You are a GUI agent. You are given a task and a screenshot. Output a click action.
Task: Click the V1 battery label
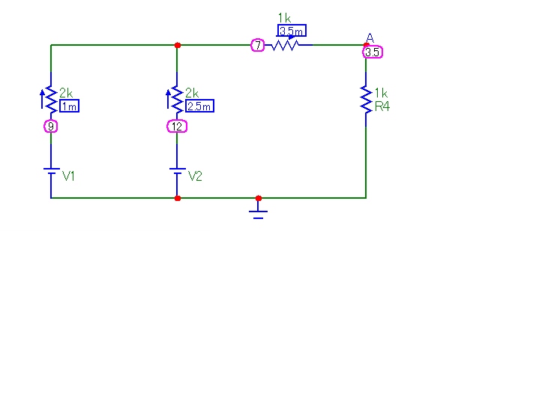(69, 176)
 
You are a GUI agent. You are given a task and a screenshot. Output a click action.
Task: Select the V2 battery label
(195, 176)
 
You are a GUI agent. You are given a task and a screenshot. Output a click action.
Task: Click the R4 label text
(382, 107)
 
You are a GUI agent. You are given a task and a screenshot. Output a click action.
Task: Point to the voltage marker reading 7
(257, 46)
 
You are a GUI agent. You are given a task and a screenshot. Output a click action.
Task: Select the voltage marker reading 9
(51, 127)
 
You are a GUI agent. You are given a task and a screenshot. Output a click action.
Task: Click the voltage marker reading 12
(177, 127)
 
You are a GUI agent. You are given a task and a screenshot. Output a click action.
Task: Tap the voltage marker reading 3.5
(373, 52)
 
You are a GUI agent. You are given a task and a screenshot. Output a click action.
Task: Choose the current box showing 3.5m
(292, 31)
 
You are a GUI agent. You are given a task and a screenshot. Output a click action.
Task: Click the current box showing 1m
(69, 106)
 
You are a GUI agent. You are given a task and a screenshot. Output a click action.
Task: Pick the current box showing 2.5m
(199, 106)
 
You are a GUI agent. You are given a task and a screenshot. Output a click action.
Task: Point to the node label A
(370, 37)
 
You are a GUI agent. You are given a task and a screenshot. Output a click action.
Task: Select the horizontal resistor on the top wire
(286, 46)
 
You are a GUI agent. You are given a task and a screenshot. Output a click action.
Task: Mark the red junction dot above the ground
(259, 198)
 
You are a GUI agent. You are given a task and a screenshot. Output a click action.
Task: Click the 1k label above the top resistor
(284, 17)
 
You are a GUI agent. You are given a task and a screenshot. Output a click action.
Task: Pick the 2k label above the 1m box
(66, 93)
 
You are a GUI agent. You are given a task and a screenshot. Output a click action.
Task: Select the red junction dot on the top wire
(177, 45)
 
